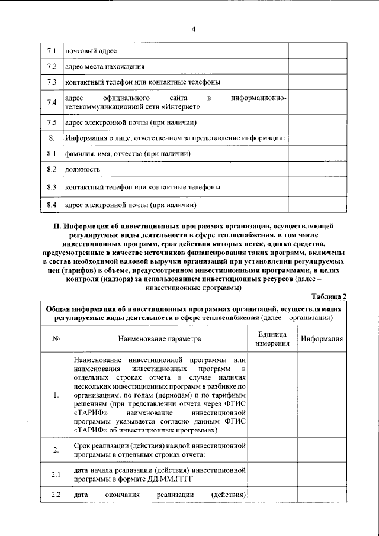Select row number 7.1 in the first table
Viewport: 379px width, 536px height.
pos(52,51)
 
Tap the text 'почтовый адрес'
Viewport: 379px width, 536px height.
pos(91,51)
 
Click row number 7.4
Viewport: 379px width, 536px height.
pos(52,102)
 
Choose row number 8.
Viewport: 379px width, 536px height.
pos(52,138)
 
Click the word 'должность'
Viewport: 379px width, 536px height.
pos(83,170)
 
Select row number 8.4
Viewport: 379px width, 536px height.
pos(52,205)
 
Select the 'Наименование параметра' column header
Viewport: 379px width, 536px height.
pos(160,339)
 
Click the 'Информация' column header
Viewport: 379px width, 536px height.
pos(322,339)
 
